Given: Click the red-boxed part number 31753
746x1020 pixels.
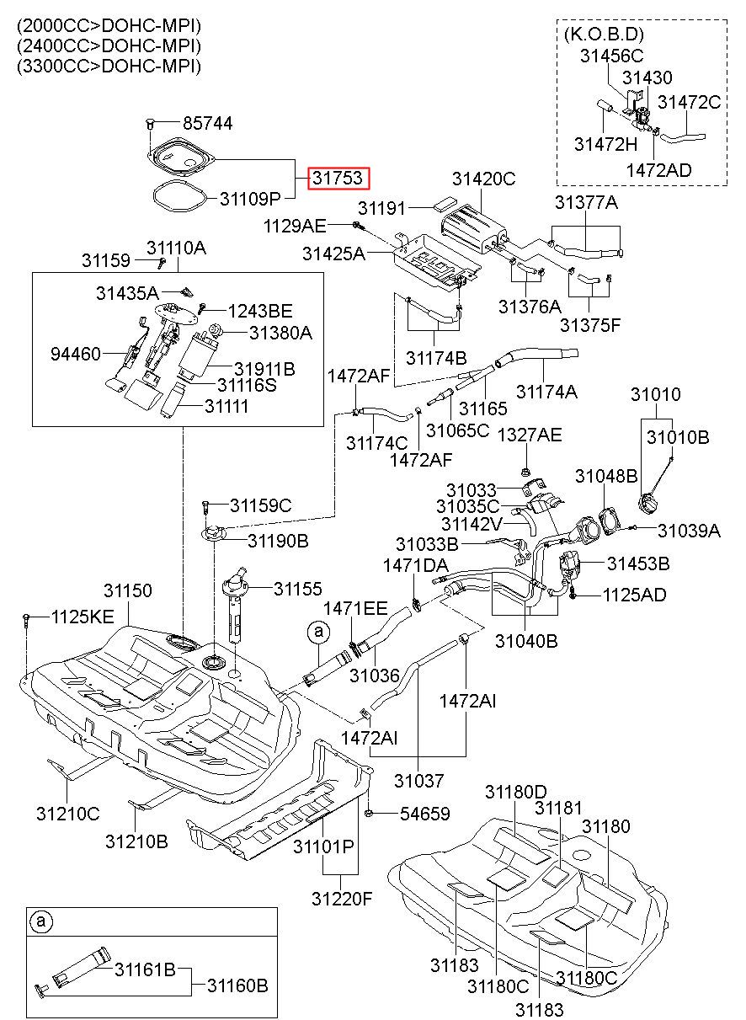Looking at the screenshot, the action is tap(338, 178).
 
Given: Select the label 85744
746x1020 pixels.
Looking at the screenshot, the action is tap(208, 123).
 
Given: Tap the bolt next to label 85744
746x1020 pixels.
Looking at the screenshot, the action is tap(150, 123).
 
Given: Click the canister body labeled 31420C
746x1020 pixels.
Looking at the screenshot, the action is tap(473, 230).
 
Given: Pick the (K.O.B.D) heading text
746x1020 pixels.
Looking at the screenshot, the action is tap(604, 35).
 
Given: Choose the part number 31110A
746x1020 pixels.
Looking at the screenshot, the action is tap(176, 248).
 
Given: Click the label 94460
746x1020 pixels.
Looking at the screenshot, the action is tap(75, 354).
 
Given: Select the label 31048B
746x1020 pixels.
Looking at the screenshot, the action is tap(606, 476).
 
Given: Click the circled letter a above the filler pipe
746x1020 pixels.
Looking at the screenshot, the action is tap(318, 632).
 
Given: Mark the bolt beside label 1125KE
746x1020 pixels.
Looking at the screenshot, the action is tap(26, 620).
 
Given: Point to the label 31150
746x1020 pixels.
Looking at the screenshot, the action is tap(127, 590).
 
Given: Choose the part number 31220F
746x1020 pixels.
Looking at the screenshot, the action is tap(342, 899).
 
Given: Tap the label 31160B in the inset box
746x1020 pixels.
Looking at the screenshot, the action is tap(237, 985).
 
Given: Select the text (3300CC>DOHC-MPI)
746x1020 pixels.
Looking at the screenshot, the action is tap(109, 67).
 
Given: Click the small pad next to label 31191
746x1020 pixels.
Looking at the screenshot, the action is tap(445, 203).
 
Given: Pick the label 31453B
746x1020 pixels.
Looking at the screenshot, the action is tap(638, 563).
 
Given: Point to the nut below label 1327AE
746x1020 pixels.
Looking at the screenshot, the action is tap(526, 472).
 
